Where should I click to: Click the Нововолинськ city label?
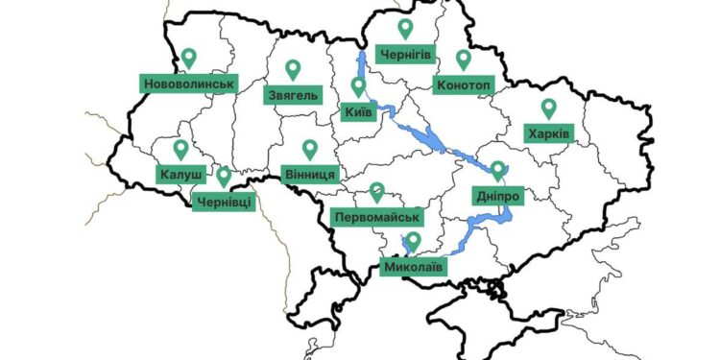(x=189, y=84)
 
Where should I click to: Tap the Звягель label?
(x=294, y=95)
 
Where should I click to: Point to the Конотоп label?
(x=464, y=84)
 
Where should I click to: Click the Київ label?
(x=358, y=112)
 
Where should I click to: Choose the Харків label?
(x=548, y=133)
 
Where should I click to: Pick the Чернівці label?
(x=225, y=202)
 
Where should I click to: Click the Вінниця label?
(x=310, y=175)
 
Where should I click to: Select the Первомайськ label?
(x=377, y=218)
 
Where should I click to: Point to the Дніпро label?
(x=497, y=197)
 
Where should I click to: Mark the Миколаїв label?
(x=414, y=266)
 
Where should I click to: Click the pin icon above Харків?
(x=548, y=108)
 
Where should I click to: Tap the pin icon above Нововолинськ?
(x=189, y=59)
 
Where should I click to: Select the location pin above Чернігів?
(x=405, y=29)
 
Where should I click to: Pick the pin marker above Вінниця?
(x=310, y=150)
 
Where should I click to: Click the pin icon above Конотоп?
(x=464, y=60)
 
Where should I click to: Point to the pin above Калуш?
(x=180, y=150)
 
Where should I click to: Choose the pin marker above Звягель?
(x=294, y=70)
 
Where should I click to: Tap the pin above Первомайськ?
(x=377, y=192)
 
